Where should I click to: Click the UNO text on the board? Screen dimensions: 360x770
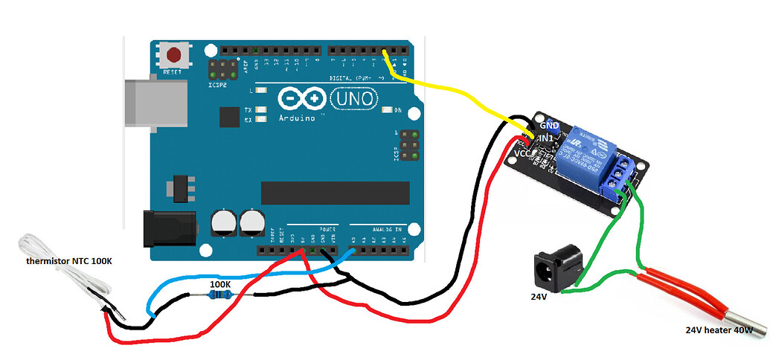354,98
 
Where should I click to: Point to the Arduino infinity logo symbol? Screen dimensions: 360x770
302,99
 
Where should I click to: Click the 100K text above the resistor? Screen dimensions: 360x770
219,283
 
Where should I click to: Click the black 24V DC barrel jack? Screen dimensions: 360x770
557,267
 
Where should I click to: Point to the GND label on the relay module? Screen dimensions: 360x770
548,126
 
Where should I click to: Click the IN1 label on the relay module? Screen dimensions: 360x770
545,139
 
